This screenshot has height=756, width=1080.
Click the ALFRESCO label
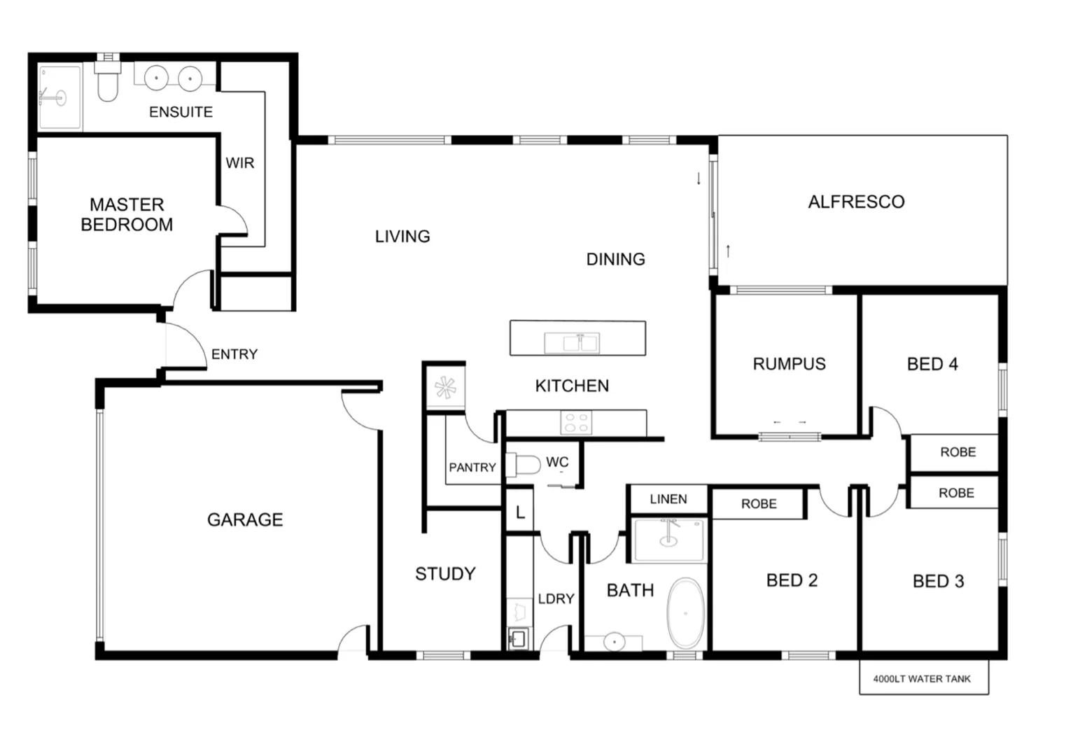856,202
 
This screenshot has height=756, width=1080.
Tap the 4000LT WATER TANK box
923,678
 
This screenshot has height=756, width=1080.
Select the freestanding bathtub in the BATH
685,612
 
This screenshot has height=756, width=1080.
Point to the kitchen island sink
572,343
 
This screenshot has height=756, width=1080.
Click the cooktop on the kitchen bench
576,422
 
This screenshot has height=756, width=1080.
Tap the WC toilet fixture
524,464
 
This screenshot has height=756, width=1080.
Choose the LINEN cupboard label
668,499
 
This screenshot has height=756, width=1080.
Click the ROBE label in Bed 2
759,504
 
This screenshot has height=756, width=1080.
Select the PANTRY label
472,468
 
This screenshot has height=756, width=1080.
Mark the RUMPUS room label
789,364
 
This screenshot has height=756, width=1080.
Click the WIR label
239,163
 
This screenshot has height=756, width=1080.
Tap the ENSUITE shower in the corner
59,97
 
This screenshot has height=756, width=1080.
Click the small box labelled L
519,512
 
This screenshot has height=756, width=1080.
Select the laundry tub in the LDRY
518,638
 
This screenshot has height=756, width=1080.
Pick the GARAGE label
245,519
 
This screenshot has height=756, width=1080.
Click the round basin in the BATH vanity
614,640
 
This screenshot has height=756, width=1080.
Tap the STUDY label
445,574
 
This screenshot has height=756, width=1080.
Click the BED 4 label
932,364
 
